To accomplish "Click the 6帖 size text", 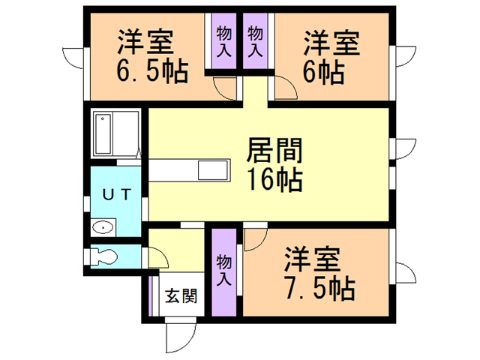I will coord(324,73).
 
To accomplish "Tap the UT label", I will coord(117,194).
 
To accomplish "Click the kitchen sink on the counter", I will coord(209,169).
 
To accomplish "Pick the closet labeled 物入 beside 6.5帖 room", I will coord(223,42).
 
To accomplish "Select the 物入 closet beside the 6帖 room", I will coord(256,42).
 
